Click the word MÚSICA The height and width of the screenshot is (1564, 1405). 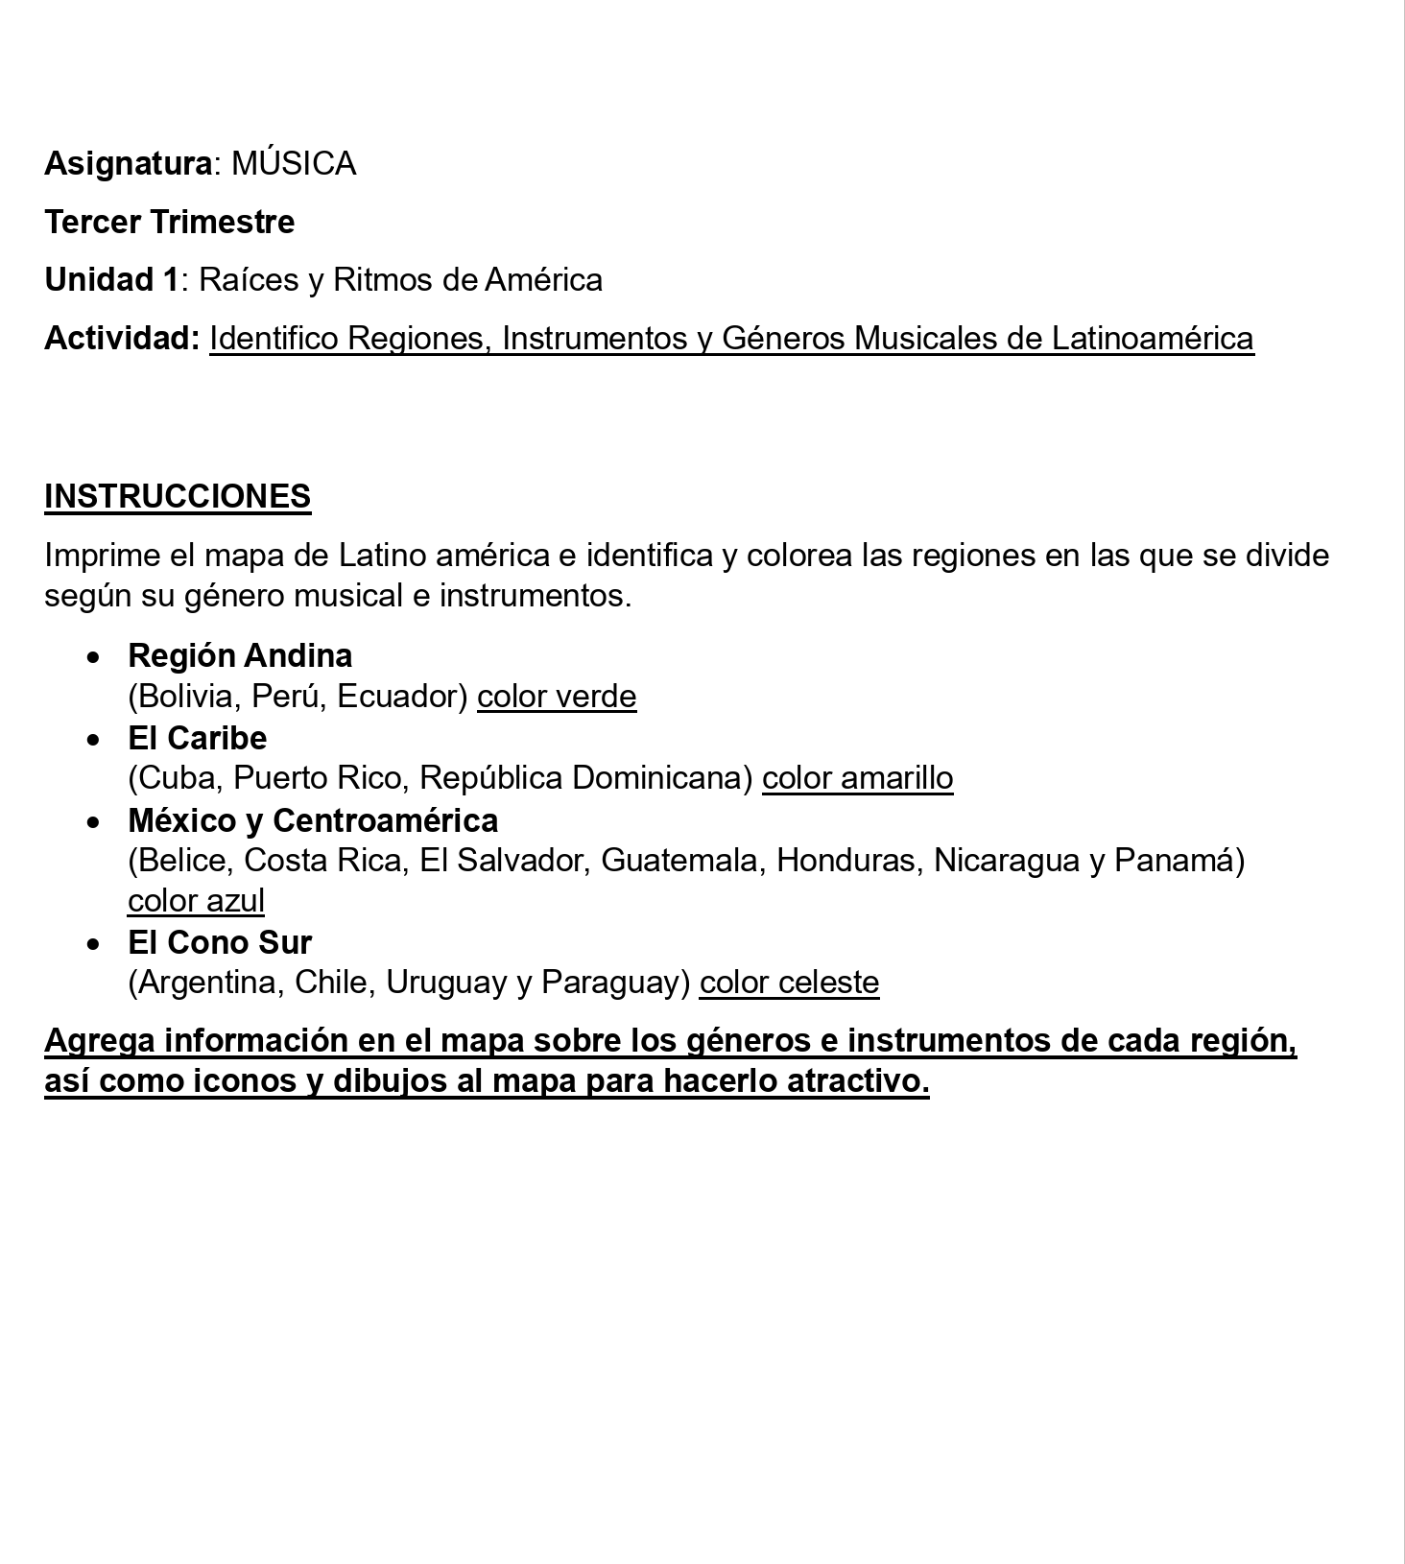click(x=294, y=164)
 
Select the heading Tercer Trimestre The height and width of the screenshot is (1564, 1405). click(x=170, y=223)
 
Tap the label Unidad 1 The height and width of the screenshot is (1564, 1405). click(x=111, y=280)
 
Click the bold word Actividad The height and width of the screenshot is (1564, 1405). click(x=121, y=339)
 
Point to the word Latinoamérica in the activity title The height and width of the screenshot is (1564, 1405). click(x=1153, y=339)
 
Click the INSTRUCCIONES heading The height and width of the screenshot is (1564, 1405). click(x=178, y=497)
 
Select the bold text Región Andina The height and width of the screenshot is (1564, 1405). click(x=240, y=656)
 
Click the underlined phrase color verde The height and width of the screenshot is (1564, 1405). click(x=557, y=697)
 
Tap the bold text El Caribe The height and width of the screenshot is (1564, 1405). click(x=197, y=739)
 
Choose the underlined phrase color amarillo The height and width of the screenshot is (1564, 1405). click(x=857, y=778)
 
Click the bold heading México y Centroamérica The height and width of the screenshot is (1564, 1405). click(x=313, y=821)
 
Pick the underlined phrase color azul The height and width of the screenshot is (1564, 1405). click(x=196, y=901)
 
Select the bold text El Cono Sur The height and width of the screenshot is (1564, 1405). click(x=220, y=943)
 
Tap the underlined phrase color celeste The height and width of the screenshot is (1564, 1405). click(x=789, y=983)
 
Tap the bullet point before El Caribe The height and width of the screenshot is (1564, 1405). click(x=93, y=740)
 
